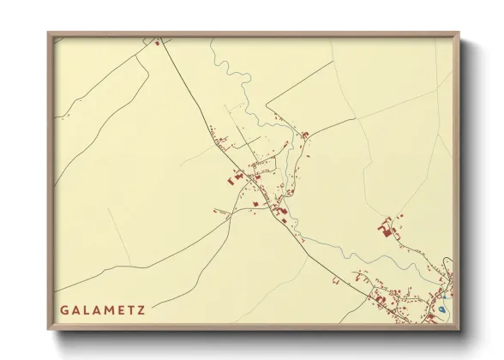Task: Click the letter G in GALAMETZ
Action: point(64,308)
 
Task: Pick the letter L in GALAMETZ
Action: point(86,308)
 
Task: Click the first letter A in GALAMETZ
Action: point(75,308)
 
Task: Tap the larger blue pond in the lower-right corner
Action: point(441,309)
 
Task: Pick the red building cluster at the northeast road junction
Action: point(303,134)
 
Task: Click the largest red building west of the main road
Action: point(233,179)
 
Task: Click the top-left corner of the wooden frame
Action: point(49,33)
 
